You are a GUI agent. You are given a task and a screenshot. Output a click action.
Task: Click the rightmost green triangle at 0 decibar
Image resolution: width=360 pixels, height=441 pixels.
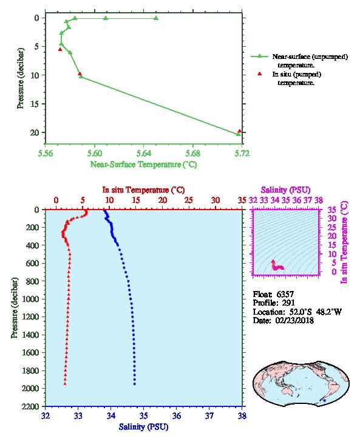click(x=156, y=18)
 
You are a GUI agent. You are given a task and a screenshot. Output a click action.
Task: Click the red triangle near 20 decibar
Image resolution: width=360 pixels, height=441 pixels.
click(x=239, y=131)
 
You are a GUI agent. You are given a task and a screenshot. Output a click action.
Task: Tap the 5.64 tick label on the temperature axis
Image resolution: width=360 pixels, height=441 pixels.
click(x=144, y=153)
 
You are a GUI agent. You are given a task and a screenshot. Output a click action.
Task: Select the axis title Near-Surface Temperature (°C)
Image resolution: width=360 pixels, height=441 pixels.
click(x=144, y=164)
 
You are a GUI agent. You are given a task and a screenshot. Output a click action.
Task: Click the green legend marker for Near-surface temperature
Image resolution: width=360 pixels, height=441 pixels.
click(x=259, y=56)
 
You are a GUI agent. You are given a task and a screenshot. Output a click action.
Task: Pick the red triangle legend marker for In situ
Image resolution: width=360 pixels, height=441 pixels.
click(x=259, y=74)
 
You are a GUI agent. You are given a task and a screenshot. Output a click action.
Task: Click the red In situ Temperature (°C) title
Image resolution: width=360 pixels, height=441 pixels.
click(x=143, y=190)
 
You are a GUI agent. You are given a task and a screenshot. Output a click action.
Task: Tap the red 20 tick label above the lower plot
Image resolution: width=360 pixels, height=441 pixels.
click(x=163, y=200)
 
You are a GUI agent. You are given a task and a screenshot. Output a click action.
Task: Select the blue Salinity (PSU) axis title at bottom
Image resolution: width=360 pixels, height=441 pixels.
click(x=144, y=427)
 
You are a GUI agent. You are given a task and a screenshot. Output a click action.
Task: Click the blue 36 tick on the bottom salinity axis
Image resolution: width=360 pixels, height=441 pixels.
click(x=177, y=415)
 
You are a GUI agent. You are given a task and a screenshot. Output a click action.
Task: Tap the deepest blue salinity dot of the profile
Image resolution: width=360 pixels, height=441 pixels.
click(x=135, y=384)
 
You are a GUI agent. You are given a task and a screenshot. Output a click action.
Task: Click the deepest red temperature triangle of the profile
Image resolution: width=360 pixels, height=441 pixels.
click(x=65, y=384)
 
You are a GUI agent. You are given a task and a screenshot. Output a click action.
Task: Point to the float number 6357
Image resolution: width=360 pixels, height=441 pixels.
click(x=285, y=294)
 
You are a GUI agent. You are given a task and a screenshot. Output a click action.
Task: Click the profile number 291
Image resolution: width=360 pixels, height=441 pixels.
click(x=288, y=303)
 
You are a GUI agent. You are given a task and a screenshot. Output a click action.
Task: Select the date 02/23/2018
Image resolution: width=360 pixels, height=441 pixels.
click(x=294, y=320)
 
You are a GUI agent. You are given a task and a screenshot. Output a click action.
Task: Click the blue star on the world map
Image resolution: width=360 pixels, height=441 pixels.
click(x=324, y=400)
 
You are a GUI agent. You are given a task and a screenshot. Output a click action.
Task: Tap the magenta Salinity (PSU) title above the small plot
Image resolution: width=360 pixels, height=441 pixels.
click(x=285, y=190)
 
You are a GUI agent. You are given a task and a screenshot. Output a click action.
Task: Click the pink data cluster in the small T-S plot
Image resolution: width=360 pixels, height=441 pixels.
click(x=277, y=266)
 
